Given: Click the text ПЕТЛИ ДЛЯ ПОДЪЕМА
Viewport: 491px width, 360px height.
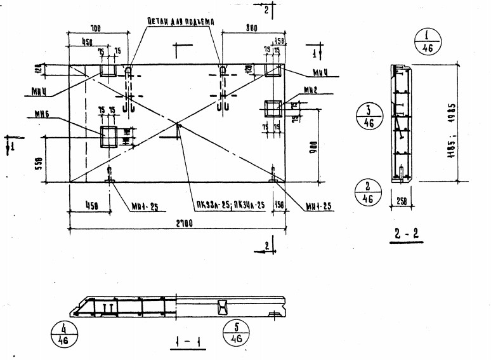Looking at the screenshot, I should coord(180,21).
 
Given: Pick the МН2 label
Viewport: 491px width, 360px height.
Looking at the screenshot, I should coord(310,91).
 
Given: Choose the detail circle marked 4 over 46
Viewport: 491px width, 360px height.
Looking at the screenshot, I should coord(62,334).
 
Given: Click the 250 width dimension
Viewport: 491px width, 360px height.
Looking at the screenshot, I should coord(401,203).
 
